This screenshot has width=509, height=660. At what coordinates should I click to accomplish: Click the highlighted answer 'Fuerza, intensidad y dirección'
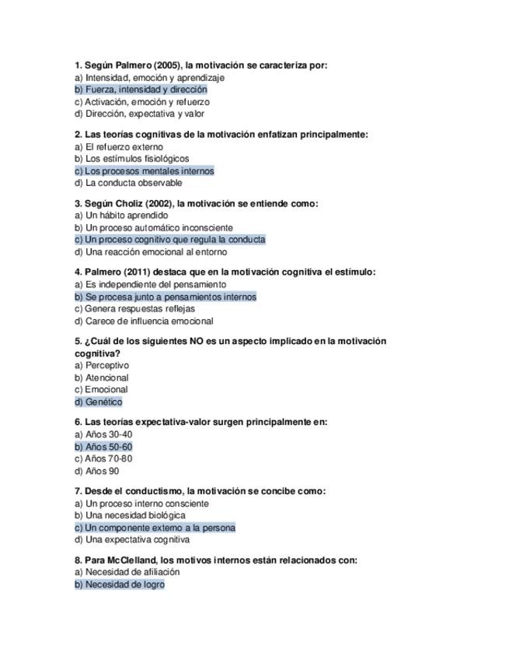[141, 90]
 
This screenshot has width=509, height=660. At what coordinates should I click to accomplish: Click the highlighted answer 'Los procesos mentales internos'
[144, 170]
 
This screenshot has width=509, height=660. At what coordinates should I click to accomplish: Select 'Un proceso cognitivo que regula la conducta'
[169, 240]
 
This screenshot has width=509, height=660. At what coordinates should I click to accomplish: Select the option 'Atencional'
[106, 377]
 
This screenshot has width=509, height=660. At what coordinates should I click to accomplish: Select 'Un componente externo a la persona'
[155, 527]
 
